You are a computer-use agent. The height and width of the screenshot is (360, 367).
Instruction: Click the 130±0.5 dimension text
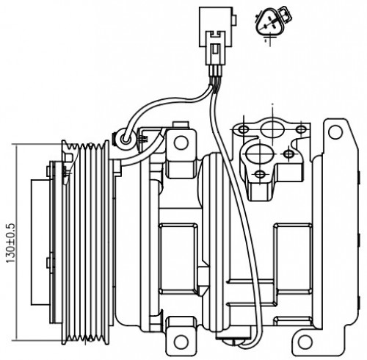pos(11,243)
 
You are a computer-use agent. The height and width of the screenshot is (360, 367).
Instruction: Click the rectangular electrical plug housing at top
pos(215,26)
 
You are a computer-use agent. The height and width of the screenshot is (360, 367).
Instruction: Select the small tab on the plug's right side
pos(234,20)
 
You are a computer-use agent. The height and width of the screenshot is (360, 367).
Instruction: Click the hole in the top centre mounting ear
pos(181,143)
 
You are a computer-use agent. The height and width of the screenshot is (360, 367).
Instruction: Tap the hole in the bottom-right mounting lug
pos(305,341)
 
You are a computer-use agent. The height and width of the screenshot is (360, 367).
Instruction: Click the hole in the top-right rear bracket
pos(335,132)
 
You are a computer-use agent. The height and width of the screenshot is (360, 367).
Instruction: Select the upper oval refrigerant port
pos(272,129)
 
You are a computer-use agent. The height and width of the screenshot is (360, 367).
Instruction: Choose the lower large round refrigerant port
pos(258,154)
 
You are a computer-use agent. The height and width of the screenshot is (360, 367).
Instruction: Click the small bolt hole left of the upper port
pos(244,129)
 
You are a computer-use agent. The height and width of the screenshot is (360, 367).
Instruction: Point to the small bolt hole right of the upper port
pos(301,129)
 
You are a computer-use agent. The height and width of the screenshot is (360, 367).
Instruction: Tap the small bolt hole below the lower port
pos(260,174)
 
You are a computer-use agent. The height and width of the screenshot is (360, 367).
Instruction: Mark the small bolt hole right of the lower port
pos(288,154)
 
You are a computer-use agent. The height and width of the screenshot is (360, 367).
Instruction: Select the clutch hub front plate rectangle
pos(40,242)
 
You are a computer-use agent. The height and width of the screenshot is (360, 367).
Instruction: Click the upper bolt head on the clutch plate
pos(48,171)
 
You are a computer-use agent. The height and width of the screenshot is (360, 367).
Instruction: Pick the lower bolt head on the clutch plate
pos(48,263)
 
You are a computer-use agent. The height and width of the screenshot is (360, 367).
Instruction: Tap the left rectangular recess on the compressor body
pos(178,259)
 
